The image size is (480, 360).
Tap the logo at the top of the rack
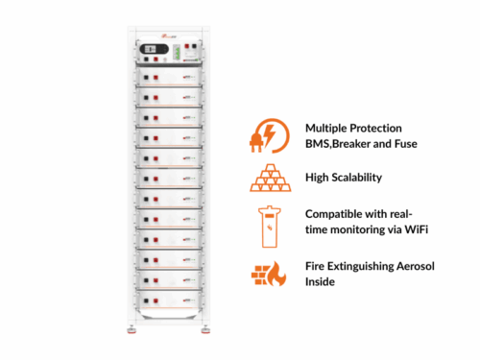(168, 36)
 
